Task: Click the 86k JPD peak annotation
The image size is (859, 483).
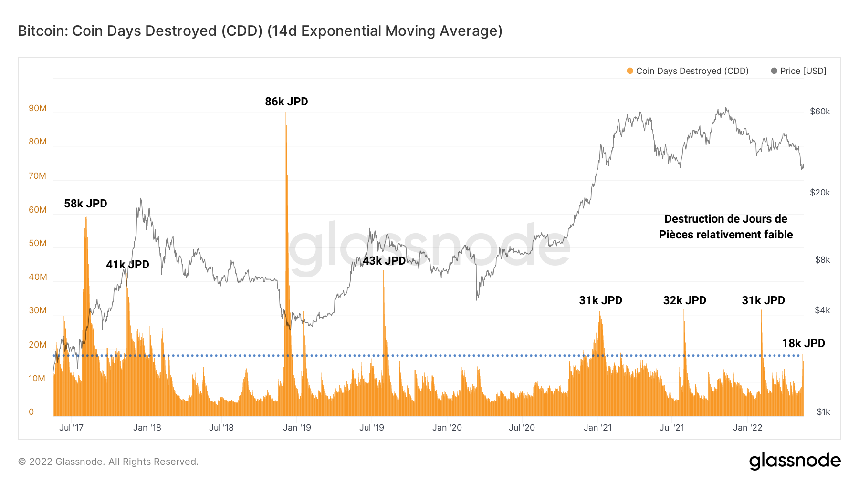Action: pyautogui.click(x=286, y=102)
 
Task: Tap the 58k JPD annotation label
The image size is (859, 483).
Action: pyautogui.click(x=85, y=204)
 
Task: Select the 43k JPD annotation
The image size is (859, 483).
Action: pyautogui.click(x=384, y=261)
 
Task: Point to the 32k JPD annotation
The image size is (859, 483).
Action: pyautogui.click(x=684, y=300)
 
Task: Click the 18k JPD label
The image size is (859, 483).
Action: pyautogui.click(x=803, y=343)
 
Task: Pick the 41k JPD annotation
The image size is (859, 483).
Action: pyautogui.click(x=127, y=265)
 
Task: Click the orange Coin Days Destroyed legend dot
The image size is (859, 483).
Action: pyautogui.click(x=630, y=71)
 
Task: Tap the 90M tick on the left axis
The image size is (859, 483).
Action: pyautogui.click(x=38, y=108)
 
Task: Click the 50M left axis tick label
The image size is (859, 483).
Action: pyautogui.click(x=38, y=243)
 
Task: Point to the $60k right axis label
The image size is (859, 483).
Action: pyautogui.click(x=820, y=112)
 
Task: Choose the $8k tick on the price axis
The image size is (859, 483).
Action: pyautogui.click(x=822, y=260)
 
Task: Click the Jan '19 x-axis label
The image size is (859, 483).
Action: pyautogui.click(x=297, y=428)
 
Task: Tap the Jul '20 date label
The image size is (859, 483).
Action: pyautogui.click(x=522, y=428)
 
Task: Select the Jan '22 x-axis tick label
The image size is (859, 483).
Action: pyautogui.click(x=747, y=428)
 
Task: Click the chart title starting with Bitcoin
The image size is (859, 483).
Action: pyautogui.click(x=260, y=31)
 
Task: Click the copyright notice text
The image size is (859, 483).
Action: pyautogui.click(x=108, y=462)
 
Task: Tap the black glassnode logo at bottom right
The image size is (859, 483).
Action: pyautogui.click(x=795, y=461)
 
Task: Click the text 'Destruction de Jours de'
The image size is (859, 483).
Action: pyautogui.click(x=725, y=219)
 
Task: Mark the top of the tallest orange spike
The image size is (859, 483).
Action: pyautogui.click(x=286, y=113)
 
